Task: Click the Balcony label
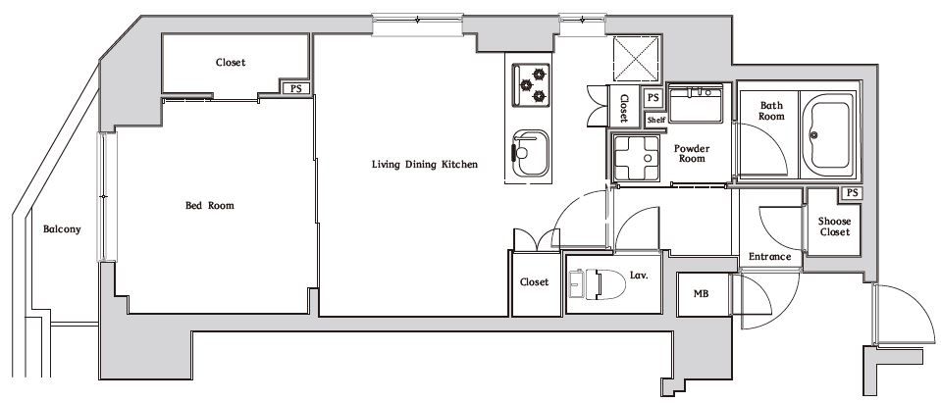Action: (x=62, y=229)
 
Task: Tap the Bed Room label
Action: (x=209, y=206)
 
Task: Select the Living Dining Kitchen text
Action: (x=425, y=164)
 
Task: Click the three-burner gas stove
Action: (x=531, y=85)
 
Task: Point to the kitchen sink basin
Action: (x=531, y=154)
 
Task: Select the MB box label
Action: (x=701, y=294)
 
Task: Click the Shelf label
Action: (x=655, y=120)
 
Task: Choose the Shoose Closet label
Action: (x=834, y=227)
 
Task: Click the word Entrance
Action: (x=769, y=257)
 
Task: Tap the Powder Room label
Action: (x=692, y=154)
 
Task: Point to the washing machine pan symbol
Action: (x=636, y=158)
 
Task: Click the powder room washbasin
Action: (x=696, y=104)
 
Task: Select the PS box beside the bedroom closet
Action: (x=296, y=88)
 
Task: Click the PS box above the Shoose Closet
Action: (x=851, y=193)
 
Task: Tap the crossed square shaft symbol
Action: (x=636, y=58)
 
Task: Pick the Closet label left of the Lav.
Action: (x=534, y=281)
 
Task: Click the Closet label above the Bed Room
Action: (x=231, y=63)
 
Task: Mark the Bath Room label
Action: (x=771, y=111)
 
